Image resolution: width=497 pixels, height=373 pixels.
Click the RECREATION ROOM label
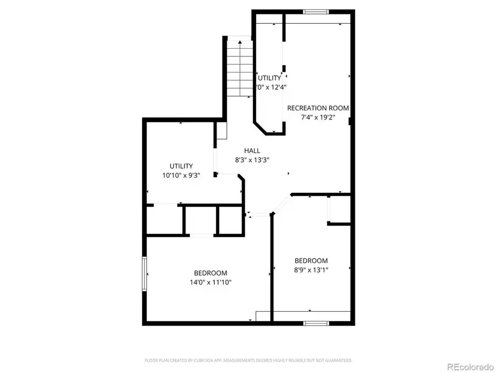tap(318, 108)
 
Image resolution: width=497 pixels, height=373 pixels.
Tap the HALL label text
tap(252, 150)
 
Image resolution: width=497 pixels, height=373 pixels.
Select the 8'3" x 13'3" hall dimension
tap(252, 160)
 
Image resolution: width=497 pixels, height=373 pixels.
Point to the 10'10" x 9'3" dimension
tap(181, 175)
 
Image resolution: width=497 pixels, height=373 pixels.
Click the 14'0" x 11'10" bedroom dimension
tap(210, 282)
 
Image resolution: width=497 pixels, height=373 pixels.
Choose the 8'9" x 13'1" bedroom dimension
tap(311, 270)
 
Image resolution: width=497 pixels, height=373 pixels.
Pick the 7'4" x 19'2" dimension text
tap(318, 118)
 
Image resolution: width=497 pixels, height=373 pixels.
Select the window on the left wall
tap(145, 273)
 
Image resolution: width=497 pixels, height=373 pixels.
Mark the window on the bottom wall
tap(316, 322)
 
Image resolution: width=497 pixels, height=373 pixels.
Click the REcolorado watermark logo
tap(470, 366)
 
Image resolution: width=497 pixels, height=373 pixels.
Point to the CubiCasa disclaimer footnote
tap(248, 360)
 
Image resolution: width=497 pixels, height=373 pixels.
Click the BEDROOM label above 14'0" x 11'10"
tap(210, 273)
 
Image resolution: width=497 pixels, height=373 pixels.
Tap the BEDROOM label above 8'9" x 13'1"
tap(311, 261)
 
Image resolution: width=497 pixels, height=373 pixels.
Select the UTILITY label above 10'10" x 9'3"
tap(181, 166)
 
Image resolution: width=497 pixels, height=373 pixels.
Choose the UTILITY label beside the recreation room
tap(269, 78)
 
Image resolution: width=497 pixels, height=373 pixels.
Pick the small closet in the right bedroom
tap(340, 210)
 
